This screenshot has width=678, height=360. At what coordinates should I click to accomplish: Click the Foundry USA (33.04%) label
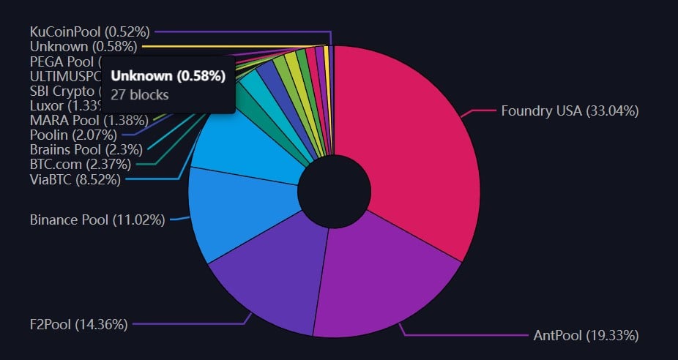(570, 111)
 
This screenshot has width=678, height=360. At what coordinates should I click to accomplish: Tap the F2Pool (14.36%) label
(79, 324)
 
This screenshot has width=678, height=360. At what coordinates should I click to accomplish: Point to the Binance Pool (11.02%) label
(97, 219)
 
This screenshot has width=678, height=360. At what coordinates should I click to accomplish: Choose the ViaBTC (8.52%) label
(75, 179)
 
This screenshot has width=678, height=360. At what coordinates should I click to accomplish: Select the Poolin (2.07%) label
(72, 135)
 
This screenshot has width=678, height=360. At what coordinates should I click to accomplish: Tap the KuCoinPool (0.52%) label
(89, 31)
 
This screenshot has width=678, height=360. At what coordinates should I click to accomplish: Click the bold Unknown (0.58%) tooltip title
(168, 76)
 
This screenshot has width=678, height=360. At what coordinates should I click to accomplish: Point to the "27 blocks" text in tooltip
(139, 94)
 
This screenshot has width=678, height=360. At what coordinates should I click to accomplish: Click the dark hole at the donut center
(333, 193)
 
